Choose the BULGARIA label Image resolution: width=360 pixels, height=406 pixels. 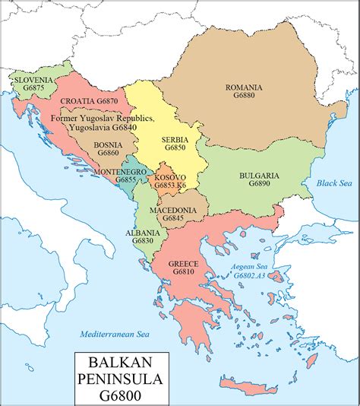(x=259, y=175)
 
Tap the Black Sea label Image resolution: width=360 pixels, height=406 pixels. (x=331, y=183)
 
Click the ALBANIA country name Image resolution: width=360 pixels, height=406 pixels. (x=143, y=232)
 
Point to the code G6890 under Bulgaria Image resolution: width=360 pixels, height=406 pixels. (x=259, y=185)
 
